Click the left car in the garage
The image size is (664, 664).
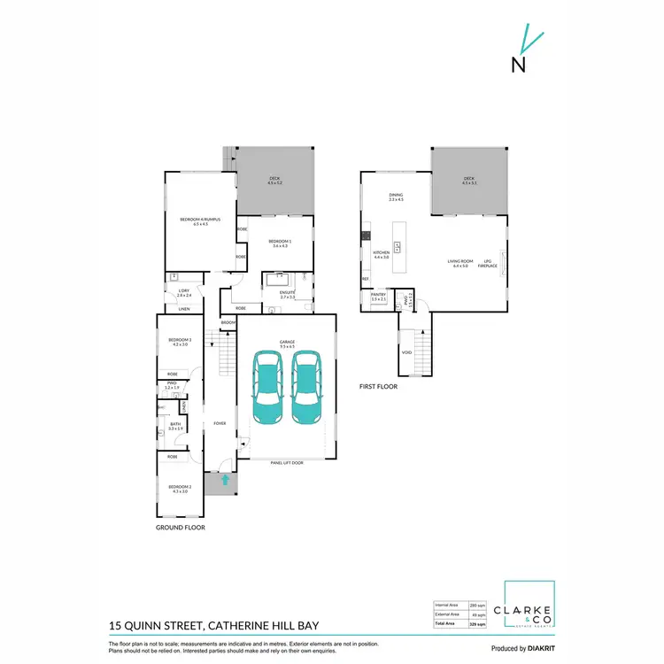[267, 387]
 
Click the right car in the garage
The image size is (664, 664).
[306, 387]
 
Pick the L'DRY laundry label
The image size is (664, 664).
[184, 293]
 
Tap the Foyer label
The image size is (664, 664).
[220, 423]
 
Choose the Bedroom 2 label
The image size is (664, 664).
[178, 488]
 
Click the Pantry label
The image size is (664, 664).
[378, 297]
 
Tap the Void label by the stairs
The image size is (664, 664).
[406, 351]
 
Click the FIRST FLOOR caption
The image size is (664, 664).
[379, 386]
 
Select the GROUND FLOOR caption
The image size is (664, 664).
[181, 527]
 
